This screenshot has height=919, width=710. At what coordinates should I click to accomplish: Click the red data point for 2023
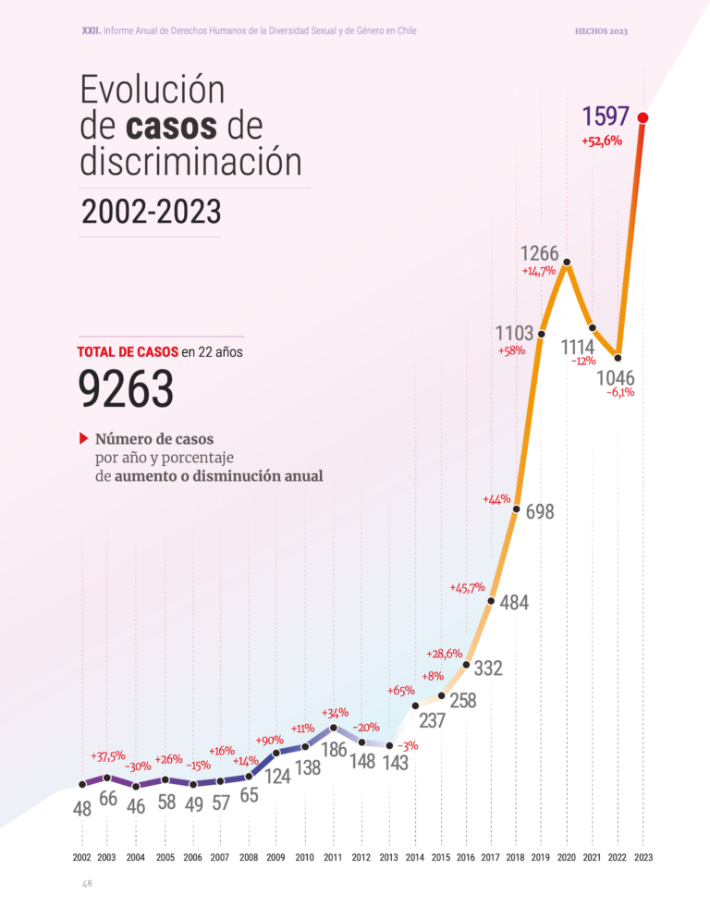click(x=643, y=117)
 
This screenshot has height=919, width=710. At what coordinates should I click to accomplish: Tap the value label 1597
click(x=606, y=116)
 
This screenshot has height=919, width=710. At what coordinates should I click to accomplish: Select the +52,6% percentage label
click(x=602, y=141)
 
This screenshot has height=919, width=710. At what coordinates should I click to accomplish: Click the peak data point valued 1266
click(x=566, y=263)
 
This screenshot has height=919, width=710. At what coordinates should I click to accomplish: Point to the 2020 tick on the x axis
click(x=566, y=857)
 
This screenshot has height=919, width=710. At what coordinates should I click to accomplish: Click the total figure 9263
click(x=127, y=390)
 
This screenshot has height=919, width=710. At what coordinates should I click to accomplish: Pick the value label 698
click(x=540, y=511)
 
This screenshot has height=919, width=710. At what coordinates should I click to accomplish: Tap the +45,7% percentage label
click(x=468, y=587)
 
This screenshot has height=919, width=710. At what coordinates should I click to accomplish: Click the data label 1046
click(x=615, y=378)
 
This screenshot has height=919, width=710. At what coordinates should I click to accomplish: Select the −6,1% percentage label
click(x=620, y=393)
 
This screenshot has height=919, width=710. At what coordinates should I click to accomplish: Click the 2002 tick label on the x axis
click(x=81, y=857)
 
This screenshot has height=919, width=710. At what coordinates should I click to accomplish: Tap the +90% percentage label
click(x=270, y=740)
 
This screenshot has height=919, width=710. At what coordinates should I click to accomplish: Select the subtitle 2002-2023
click(x=152, y=212)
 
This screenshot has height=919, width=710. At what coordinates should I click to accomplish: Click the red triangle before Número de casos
click(x=83, y=437)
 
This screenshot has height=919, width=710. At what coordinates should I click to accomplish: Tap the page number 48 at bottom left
click(x=87, y=884)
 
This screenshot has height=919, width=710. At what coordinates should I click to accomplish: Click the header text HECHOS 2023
click(x=601, y=31)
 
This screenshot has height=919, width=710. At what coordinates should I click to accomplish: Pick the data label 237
click(x=433, y=718)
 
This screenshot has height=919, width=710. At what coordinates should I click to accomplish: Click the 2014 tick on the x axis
click(x=414, y=857)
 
